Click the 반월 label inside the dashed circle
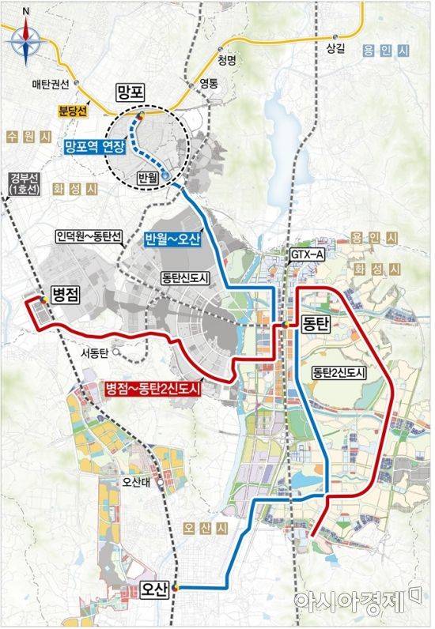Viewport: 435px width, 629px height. (148, 179)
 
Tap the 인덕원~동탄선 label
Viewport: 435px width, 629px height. (86, 235)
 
